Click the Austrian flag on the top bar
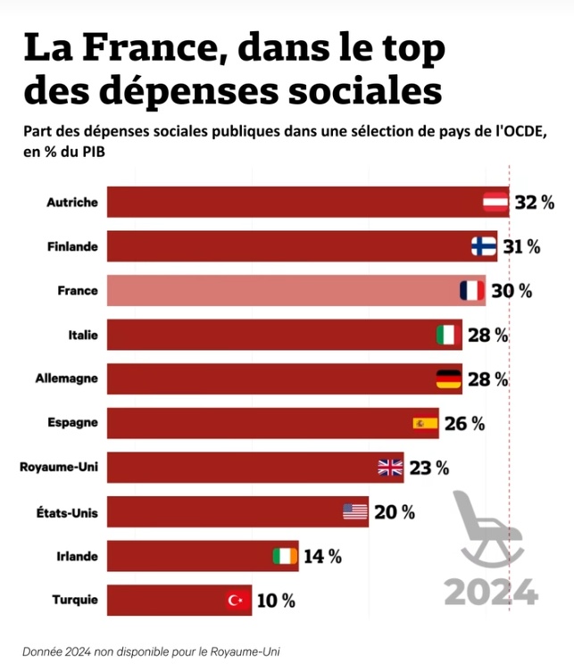click(x=495, y=203)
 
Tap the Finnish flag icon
click(x=484, y=246)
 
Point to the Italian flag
click(x=448, y=336)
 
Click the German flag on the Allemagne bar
click(x=448, y=379)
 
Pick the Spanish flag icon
click(x=425, y=423)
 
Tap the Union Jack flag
click(x=390, y=467)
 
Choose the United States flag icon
click(x=355, y=511)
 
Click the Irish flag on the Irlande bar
click(x=285, y=556)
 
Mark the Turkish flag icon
click(x=237, y=600)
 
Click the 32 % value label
click(x=536, y=203)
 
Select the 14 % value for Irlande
click(x=322, y=556)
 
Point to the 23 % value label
click(x=429, y=467)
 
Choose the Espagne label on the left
click(x=73, y=423)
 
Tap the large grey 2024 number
click(x=492, y=590)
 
